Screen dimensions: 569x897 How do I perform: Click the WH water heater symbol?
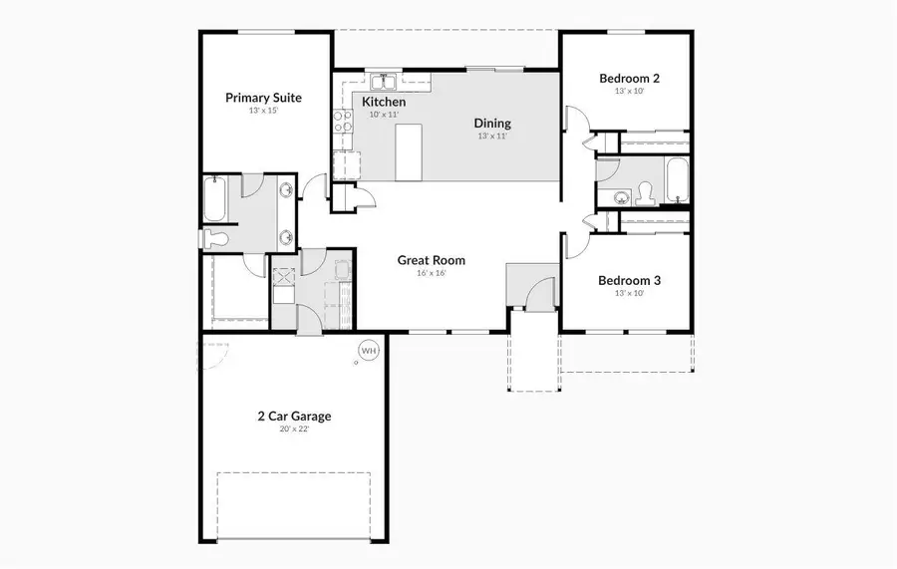pyautogui.click(x=369, y=350)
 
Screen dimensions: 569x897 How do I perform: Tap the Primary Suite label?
pyautogui.click(x=263, y=98)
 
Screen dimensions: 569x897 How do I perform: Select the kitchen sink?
pyautogui.click(x=383, y=82)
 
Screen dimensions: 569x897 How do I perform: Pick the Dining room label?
pyautogui.click(x=492, y=124)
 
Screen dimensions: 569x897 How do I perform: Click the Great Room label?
pyautogui.click(x=431, y=260)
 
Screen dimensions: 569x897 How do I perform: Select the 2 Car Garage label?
pyautogui.click(x=294, y=417)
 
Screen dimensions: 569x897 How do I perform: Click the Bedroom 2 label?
pyautogui.click(x=629, y=78)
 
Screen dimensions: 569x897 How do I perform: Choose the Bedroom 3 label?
pyautogui.click(x=629, y=280)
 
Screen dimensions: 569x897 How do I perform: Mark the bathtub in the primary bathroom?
pyautogui.click(x=213, y=199)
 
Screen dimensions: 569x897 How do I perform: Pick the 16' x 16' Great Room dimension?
pyautogui.click(x=431, y=274)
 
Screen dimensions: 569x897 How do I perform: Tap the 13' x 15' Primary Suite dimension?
pyautogui.click(x=263, y=111)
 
